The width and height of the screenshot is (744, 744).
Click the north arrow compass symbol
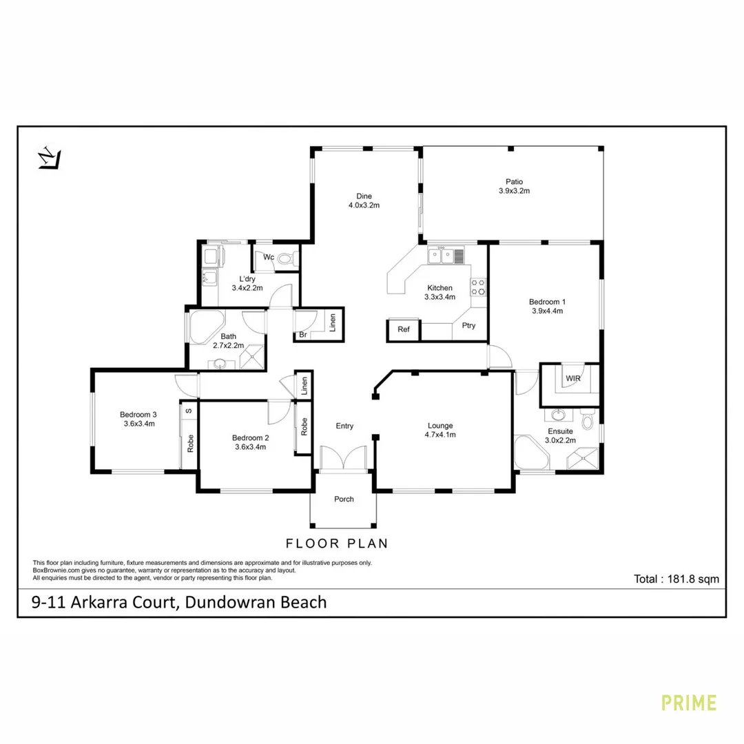(49, 158)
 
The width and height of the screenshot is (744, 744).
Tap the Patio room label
(513, 187)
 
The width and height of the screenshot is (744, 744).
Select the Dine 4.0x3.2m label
(364, 200)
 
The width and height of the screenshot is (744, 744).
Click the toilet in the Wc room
(287, 258)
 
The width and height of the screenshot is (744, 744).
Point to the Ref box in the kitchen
(404, 330)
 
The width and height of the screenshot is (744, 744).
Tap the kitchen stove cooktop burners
(477, 287)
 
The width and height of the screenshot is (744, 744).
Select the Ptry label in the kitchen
(468, 326)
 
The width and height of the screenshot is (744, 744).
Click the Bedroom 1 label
(548, 306)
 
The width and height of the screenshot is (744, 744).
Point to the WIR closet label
(572, 378)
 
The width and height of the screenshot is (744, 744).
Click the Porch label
(344, 499)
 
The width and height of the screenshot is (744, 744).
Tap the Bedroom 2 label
(250, 442)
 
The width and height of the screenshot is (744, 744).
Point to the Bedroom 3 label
(138, 419)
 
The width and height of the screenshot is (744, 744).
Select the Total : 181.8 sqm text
(676, 579)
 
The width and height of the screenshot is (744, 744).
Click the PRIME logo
(689, 703)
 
